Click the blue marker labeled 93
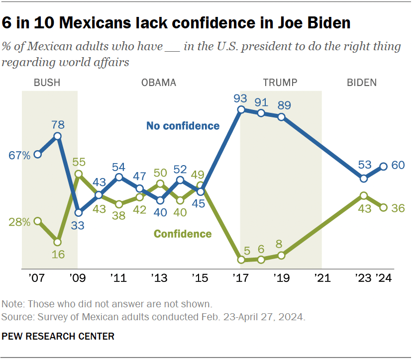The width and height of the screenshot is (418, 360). pos(241,110)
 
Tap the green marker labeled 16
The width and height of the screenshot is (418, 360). pos(58,242)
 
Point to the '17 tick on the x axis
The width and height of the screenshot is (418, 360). pos(241,278)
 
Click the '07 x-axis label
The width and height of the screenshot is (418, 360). pos(37,278)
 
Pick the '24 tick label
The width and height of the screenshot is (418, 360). pos(384,278)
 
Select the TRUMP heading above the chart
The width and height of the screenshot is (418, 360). pos(280,83)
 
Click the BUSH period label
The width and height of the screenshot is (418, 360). pos(47,83)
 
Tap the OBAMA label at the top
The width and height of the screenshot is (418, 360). pos(159,83)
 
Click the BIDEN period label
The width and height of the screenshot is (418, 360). pos(361,83)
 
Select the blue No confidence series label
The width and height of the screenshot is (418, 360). pos(183,126)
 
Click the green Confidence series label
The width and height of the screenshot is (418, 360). pos(183,234)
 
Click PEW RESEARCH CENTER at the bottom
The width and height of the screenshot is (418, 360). pos(58,337)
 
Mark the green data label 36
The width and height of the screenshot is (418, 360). pos(398,208)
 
